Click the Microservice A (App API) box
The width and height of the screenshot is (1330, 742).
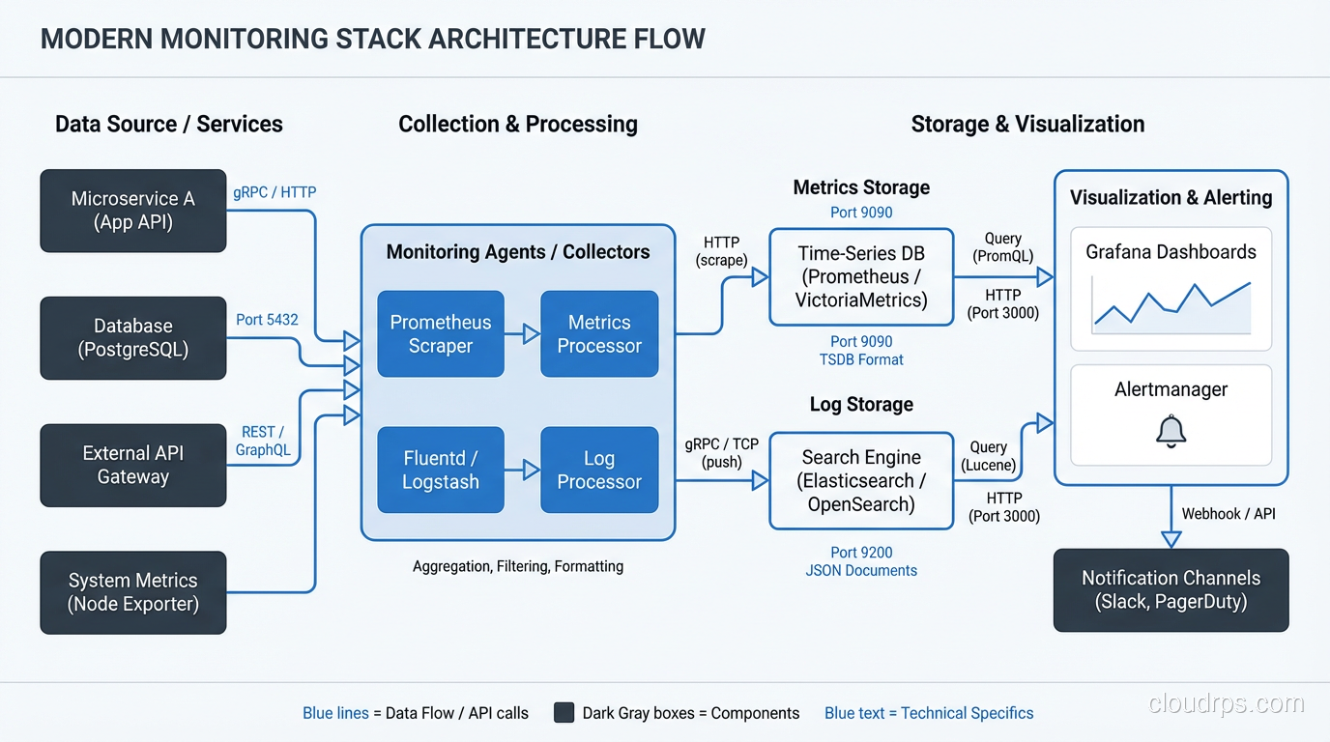tap(133, 211)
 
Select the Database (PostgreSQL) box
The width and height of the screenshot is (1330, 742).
tap(133, 338)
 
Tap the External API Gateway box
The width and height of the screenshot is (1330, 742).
tap(133, 465)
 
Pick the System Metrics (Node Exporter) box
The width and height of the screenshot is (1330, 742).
tap(133, 592)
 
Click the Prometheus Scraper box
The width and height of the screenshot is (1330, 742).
tap(441, 334)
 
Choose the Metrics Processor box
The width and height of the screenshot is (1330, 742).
tap(599, 334)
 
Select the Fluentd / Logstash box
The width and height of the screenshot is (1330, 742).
tap(441, 470)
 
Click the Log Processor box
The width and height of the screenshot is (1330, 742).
tap(599, 470)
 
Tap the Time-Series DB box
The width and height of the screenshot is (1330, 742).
tap(861, 277)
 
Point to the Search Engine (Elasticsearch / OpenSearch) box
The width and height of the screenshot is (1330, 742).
tap(861, 480)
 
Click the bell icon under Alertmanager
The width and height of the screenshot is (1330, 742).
tap(1171, 430)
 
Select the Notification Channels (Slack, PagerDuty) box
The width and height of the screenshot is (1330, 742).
tap(1171, 590)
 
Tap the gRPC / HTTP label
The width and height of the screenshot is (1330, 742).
tap(275, 192)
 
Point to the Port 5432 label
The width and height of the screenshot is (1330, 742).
tap(267, 320)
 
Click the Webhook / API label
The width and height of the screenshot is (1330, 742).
tap(1229, 514)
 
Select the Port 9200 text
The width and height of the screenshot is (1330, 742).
tap(861, 553)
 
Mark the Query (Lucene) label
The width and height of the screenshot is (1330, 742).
tap(988, 456)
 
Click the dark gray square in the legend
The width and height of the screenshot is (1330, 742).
tap(564, 713)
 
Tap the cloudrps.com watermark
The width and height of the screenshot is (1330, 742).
tap(1226, 703)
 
